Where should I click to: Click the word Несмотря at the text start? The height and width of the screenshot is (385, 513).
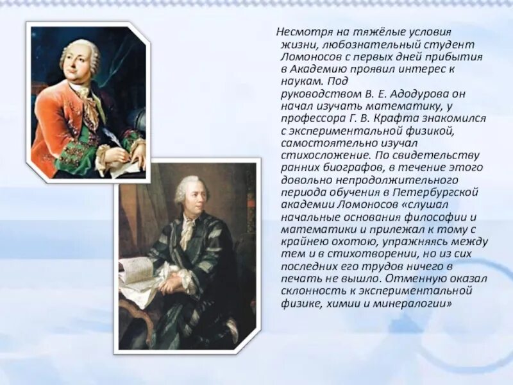(300, 32)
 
